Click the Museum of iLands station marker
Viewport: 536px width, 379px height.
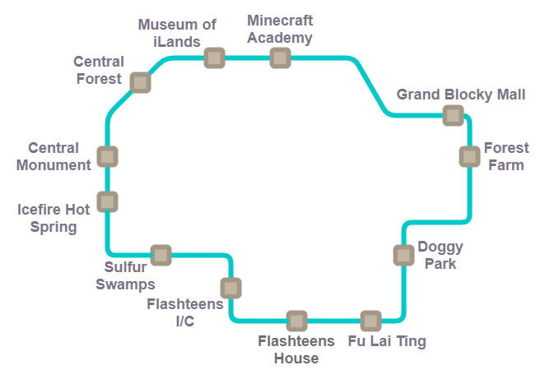coord(214,58)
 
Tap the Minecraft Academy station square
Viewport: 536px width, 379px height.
coord(280,58)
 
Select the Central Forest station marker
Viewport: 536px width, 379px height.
coord(141,82)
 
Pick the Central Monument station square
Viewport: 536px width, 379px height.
coord(107,157)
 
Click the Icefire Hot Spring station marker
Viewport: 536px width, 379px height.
coord(107,201)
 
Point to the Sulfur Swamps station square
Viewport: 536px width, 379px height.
coord(161,255)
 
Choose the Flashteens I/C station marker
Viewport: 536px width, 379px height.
coord(231,288)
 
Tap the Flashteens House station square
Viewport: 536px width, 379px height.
coord(296,321)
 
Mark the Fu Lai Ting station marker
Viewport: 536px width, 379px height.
coord(371,321)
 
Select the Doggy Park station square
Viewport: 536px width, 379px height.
coord(403,255)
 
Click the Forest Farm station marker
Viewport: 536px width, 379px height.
coord(469,157)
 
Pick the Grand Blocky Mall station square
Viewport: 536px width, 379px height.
coord(454,115)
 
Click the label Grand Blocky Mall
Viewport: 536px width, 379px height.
coord(461,95)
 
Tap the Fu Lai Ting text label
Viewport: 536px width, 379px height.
coord(387,341)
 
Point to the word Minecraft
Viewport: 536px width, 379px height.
coord(280,21)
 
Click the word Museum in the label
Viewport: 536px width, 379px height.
coord(167,25)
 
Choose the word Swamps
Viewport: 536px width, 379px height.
coord(125,284)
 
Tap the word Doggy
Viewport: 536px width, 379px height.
coord(440,247)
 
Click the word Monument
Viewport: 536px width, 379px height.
coord(54,165)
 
